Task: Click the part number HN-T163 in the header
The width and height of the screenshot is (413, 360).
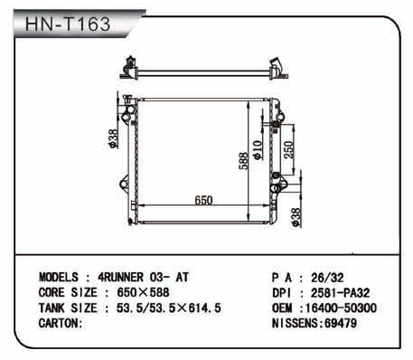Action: [68, 24]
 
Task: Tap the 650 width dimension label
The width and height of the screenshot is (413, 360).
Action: [203, 201]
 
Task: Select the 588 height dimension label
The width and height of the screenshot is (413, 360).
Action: [244, 161]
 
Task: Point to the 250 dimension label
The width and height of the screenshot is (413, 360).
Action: [288, 149]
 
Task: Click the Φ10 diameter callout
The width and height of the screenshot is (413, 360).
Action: [258, 150]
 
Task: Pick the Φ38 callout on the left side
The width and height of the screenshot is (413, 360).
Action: [113, 138]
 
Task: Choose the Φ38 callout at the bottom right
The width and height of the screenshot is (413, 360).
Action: [296, 218]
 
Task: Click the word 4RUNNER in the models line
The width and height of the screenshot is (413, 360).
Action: [120, 278]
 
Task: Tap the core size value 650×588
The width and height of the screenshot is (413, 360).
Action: [143, 293]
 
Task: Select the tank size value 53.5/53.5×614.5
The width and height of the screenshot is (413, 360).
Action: [169, 308]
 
